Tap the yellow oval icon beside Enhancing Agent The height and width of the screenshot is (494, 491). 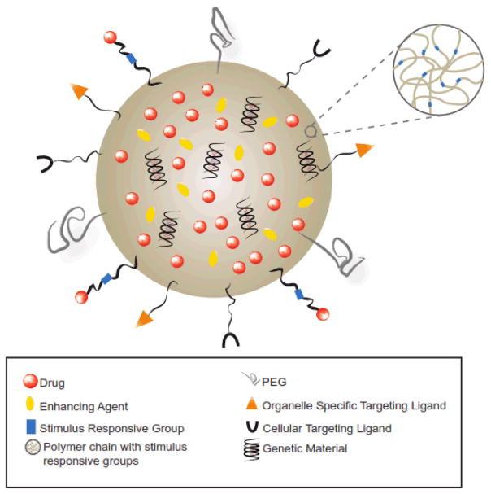[x=30, y=403]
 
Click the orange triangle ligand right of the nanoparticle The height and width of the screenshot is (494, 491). [x=363, y=149]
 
